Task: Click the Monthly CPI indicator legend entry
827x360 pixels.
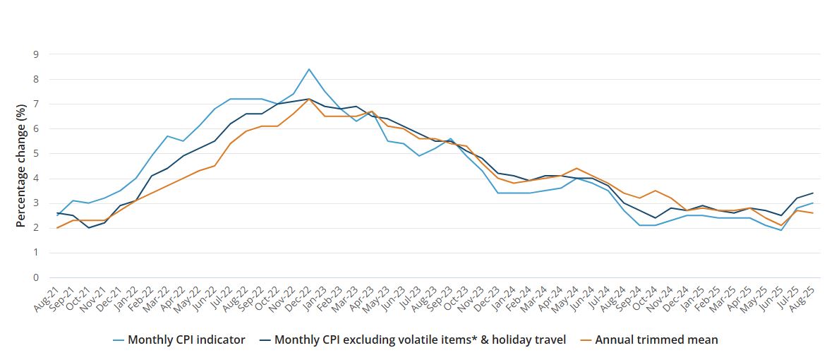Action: coord(186,340)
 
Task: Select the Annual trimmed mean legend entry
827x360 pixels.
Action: coord(656,340)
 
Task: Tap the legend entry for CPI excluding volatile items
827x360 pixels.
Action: coord(420,340)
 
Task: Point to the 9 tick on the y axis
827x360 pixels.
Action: coord(35,54)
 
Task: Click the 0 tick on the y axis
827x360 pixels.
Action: coord(35,277)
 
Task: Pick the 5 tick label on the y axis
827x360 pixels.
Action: coord(35,153)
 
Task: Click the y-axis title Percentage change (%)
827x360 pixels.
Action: coord(21,166)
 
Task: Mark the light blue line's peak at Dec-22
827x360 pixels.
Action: coord(309,69)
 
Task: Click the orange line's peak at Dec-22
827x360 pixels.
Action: coord(309,100)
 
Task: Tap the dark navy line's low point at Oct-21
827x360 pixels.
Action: coord(88,228)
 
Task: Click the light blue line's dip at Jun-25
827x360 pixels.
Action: coord(781,230)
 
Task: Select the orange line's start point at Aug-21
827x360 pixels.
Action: coord(57,228)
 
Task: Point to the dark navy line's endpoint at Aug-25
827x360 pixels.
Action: coord(813,193)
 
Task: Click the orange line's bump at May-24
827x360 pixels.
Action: coord(577,168)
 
